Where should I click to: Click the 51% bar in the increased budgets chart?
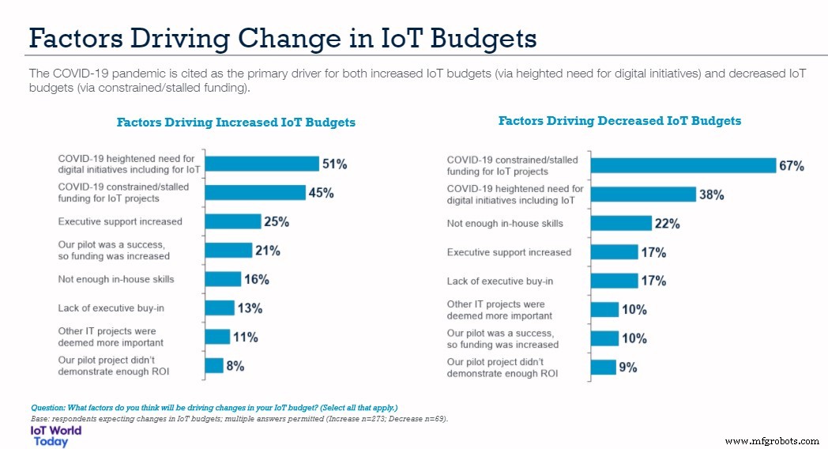pos(261,164)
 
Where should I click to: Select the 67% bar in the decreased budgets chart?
pos(683,165)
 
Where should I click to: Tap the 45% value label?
pos(321,193)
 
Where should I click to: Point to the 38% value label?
pos(711,194)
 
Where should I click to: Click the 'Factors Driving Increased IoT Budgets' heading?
pos(235,123)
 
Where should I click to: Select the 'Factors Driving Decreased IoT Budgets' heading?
pos(619,121)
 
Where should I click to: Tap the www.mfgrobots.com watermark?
pos(771,440)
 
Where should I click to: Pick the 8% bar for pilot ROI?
pos(213,365)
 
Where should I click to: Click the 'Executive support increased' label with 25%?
pos(120,221)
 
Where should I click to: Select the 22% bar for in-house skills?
pos(621,223)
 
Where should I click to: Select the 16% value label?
pos(257,279)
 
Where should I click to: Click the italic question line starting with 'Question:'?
pos(213,407)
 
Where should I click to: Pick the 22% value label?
pos(667,224)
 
